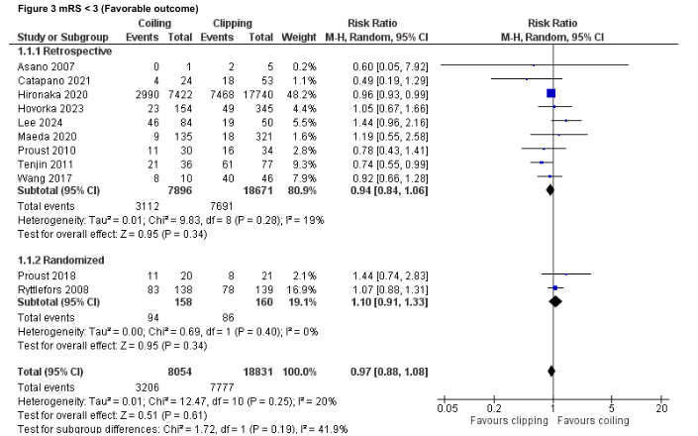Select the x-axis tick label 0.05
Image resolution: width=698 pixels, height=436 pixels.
[x=447, y=408]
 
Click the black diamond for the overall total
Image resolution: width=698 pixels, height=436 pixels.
[x=550, y=372]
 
